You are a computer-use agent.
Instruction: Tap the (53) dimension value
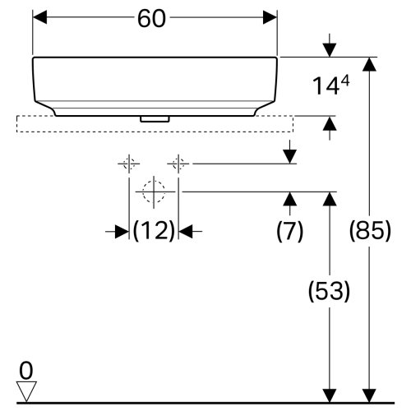point(329,291)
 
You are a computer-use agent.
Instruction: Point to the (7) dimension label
point(289,232)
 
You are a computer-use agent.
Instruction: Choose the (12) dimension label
point(155,232)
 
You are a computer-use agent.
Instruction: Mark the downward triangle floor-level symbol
point(27,390)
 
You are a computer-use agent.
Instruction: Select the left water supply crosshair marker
point(127,163)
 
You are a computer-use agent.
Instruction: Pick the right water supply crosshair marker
point(177,163)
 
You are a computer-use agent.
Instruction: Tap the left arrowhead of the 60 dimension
point(39,17)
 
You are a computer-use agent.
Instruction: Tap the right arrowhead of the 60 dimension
point(270,17)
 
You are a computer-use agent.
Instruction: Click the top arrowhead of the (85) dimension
point(371,64)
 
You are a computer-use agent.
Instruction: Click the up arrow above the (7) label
point(289,198)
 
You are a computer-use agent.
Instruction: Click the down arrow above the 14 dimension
point(329,48)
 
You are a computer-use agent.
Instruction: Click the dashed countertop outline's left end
point(18,123)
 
